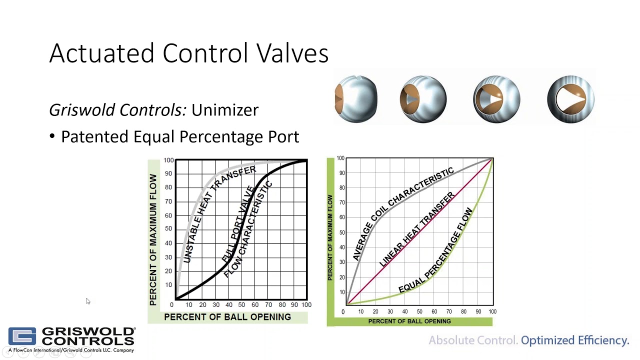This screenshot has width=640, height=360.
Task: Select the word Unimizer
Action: click(224, 110)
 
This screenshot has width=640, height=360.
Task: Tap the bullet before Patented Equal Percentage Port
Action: click(52, 137)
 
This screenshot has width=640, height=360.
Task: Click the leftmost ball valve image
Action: click(356, 98)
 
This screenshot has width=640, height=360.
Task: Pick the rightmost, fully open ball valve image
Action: click(570, 98)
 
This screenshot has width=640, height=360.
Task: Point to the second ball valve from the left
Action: click(423, 98)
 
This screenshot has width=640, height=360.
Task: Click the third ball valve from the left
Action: click(496, 98)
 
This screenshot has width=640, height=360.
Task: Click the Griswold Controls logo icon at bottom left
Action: click(22, 336)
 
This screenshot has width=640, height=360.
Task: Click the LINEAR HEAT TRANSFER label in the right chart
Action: click(416, 229)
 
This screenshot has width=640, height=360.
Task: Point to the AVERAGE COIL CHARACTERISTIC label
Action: click(402, 213)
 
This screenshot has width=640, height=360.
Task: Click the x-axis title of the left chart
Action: click(227, 317)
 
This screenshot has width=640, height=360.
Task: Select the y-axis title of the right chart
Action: click(330, 237)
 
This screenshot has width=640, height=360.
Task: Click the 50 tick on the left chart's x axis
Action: click(241, 304)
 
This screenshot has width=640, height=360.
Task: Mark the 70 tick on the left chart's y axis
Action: click(168, 201)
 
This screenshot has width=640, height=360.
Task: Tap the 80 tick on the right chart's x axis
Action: click(463, 312)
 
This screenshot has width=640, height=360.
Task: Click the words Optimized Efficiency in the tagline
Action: click(575, 340)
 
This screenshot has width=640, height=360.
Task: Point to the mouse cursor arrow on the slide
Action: click(87, 300)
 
